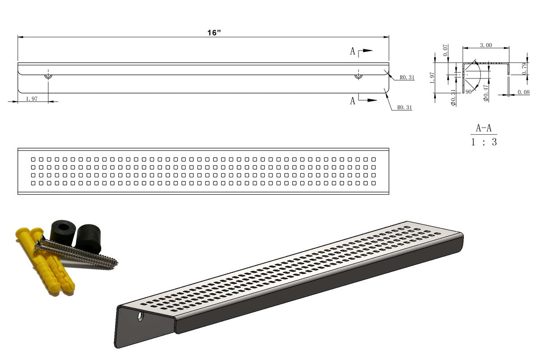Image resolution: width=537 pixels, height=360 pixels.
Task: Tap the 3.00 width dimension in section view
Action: click(x=486, y=45)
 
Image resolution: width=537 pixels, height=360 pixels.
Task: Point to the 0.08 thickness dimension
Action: click(x=523, y=92)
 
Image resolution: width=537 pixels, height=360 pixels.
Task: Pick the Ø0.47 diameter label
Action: click(x=486, y=94)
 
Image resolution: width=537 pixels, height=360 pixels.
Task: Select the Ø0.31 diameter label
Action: click(x=453, y=97)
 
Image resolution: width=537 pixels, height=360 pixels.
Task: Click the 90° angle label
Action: click(x=469, y=91)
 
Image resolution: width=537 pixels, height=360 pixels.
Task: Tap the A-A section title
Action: click(x=483, y=129)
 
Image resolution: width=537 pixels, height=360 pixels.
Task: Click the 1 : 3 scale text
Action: click(x=483, y=142)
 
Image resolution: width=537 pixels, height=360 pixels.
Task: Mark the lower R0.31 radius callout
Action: click(x=404, y=107)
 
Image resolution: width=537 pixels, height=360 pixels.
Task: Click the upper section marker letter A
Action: click(x=353, y=52)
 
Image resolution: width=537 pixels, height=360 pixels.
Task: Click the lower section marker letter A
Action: click(x=353, y=101)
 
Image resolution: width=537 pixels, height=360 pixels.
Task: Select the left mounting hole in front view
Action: click(x=48, y=76)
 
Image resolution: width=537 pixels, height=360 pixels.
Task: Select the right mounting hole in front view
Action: click(x=358, y=76)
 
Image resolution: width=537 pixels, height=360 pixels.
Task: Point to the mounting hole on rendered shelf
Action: click(x=141, y=316)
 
